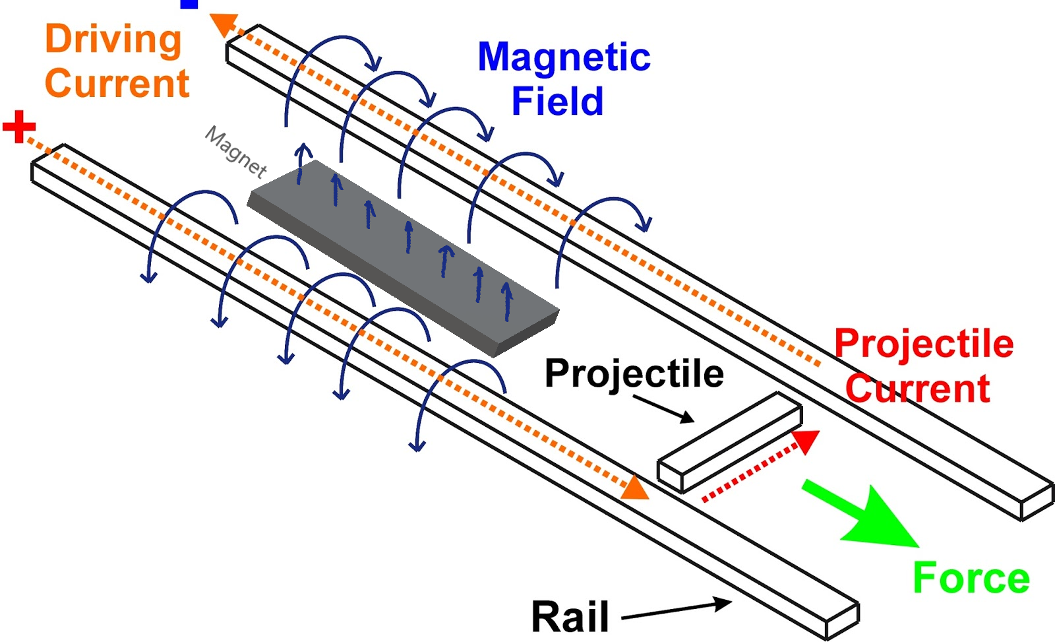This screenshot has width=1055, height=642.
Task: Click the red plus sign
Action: [19, 127]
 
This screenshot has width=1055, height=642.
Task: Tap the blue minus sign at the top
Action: [189, 4]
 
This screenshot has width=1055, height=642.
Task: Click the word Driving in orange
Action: [113, 40]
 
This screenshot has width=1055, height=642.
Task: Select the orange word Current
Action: [117, 84]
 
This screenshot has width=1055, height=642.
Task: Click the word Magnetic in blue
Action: [564, 57]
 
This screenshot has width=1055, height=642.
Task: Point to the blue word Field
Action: [557, 101]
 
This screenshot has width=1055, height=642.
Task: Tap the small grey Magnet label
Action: [236, 152]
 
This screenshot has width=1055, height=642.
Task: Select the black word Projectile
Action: [634, 373]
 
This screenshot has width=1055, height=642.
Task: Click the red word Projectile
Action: [924, 344]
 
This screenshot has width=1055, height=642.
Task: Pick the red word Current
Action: [918, 388]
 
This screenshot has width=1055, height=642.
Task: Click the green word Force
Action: [971, 579]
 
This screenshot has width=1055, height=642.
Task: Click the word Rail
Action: [570, 618]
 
